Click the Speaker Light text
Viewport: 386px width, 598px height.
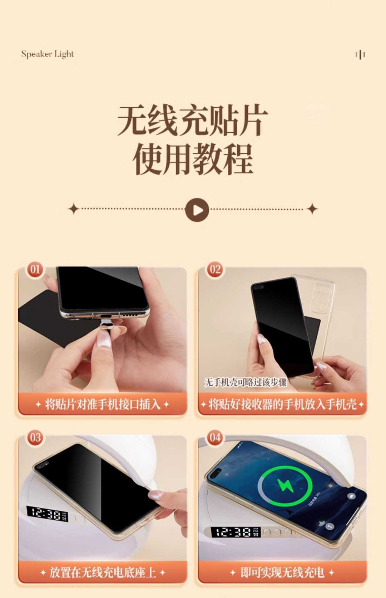[47, 54]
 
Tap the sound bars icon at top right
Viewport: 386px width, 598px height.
[360, 55]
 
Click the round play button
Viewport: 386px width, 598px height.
[197, 210]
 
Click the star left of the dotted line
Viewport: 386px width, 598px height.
[74, 209]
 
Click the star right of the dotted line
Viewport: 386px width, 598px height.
[312, 209]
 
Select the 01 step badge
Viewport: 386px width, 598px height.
[35, 269]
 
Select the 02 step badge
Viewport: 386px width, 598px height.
[215, 269]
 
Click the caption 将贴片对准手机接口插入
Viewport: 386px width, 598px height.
[103, 405]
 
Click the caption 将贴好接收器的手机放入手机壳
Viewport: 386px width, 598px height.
[282, 405]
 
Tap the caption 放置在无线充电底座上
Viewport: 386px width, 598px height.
[103, 572]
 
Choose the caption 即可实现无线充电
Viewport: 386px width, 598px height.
[282, 572]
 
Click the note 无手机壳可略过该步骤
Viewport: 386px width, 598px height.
[246, 382]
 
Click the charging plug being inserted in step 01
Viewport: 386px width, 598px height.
[105, 324]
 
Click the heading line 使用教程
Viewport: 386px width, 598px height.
[193, 159]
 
